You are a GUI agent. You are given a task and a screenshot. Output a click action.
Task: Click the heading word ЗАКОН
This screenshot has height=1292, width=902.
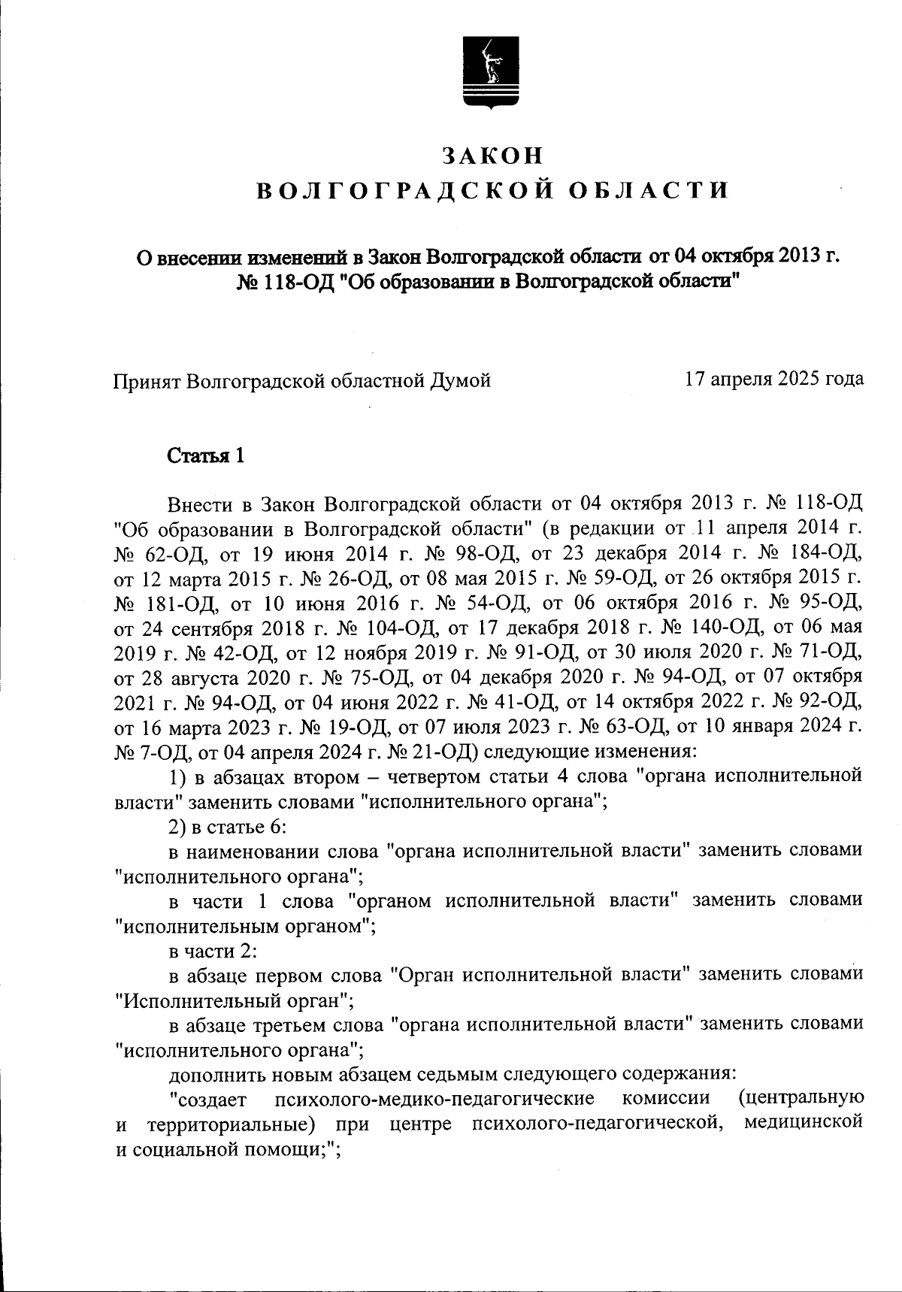coord(492,155)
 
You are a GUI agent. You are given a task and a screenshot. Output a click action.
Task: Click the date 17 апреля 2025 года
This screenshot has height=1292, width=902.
coord(773,379)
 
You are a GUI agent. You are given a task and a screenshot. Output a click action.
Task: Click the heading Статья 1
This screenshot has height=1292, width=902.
coord(205,455)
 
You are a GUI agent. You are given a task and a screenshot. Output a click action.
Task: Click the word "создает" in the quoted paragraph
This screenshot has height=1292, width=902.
coord(210,1100)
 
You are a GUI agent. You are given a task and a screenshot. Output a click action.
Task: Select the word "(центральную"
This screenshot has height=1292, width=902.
coord(800,1100)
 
